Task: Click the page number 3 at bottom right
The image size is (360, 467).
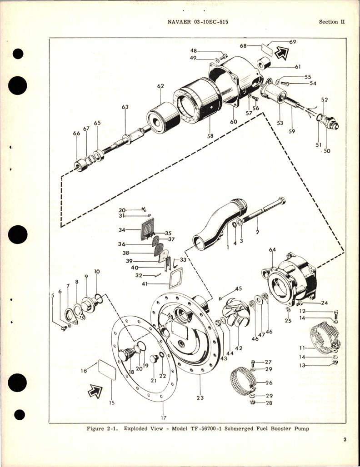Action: [x=345, y=439]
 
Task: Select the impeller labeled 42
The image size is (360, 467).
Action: [x=235, y=313]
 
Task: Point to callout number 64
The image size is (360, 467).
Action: [x=272, y=249]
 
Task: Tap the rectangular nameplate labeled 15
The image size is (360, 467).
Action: [x=107, y=373]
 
